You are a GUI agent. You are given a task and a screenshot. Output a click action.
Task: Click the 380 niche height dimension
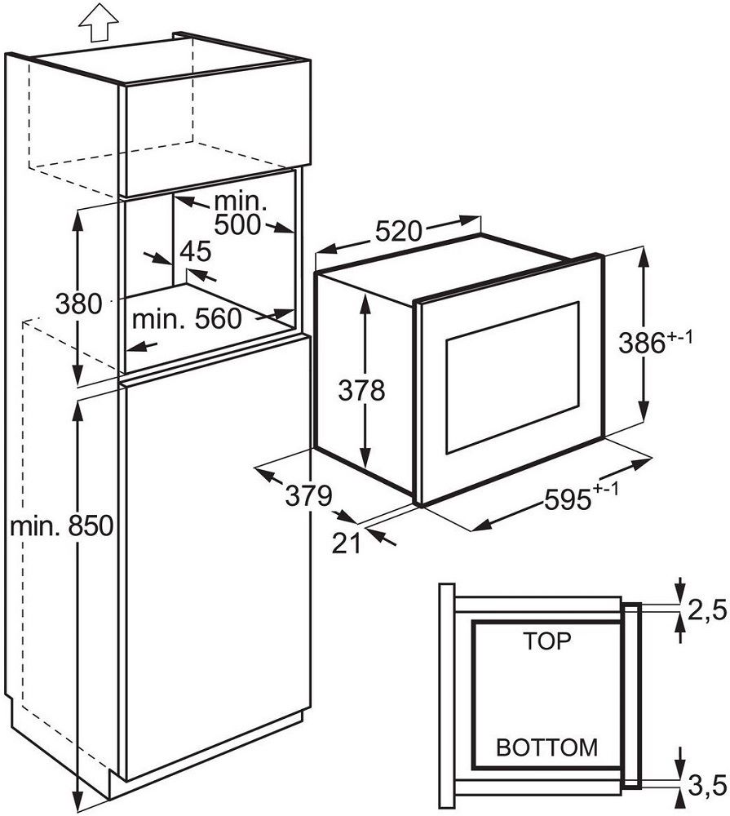click(78, 304)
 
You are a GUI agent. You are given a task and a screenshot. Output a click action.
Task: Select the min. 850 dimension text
click(62, 526)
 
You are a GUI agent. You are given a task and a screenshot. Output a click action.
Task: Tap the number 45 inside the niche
click(196, 251)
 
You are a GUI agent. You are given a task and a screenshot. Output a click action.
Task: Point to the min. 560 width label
click(187, 318)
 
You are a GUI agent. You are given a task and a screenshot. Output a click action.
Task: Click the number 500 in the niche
click(237, 224)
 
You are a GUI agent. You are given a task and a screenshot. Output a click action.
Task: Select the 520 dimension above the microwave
click(399, 231)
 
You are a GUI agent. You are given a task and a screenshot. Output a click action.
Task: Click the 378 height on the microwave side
click(361, 390)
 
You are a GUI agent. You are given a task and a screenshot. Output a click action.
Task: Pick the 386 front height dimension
click(656, 343)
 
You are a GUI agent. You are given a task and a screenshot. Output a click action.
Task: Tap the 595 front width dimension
click(581, 499)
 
